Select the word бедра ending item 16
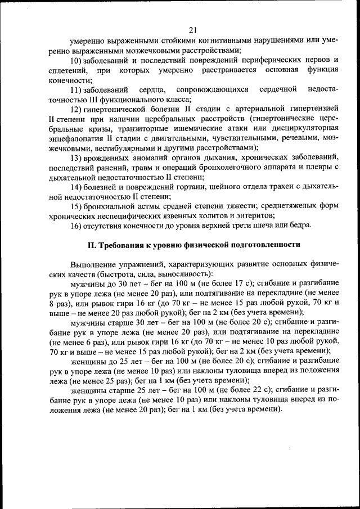pos(299,226)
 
